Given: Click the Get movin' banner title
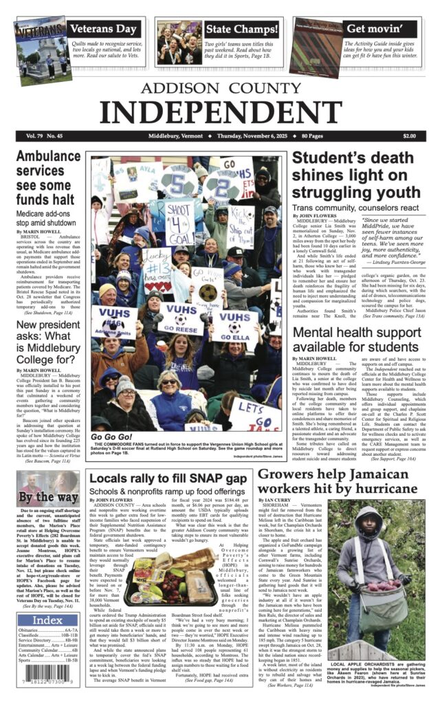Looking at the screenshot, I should [374, 29].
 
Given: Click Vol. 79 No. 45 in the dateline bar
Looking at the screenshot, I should [43, 136].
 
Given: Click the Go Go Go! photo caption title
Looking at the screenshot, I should [111, 437].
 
